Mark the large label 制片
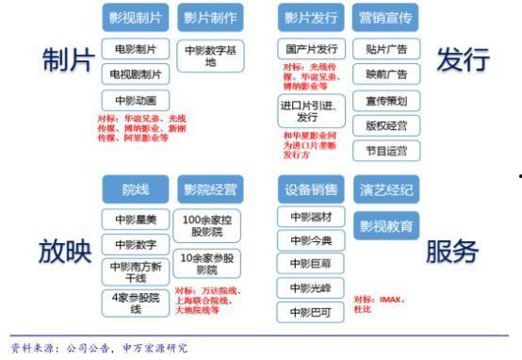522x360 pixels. [66, 61]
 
